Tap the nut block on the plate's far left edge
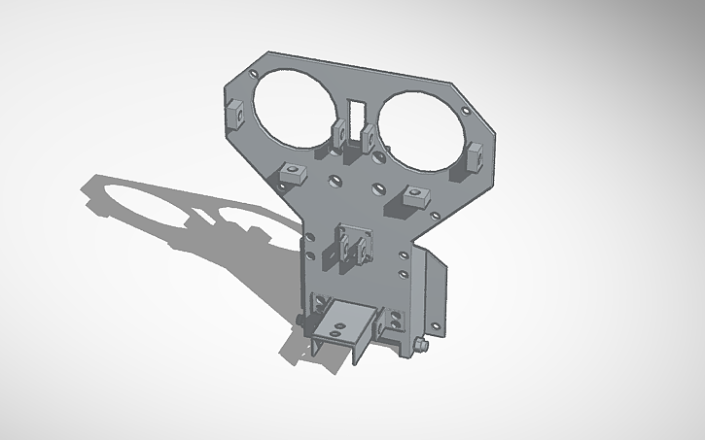(x=234, y=113)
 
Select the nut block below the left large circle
(x=291, y=173)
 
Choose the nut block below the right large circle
(x=412, y=195)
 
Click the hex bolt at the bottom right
(x=418, y=344)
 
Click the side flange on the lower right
(x=434, y=291)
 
